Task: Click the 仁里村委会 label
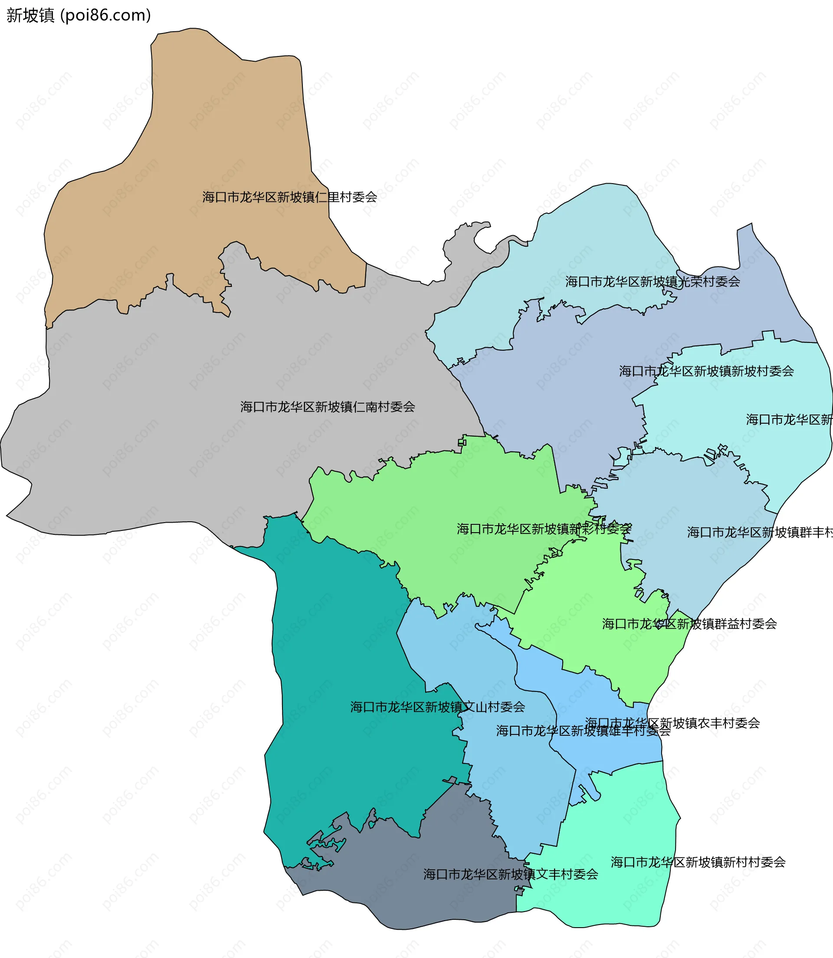(x=290, y=197)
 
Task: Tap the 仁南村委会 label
(x=328, y=407)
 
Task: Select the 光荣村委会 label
(x=653, y=281)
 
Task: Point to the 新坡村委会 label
(x=707, y=371)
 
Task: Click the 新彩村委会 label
(x=544, y=529)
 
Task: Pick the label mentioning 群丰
(x=760, y=532)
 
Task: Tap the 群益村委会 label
(x=689, y=624)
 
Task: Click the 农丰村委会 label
(x=672, y=723)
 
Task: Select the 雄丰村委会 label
(x=583, y=731)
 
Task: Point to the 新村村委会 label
(x=698, y=862)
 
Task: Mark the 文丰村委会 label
(x=510, y=874)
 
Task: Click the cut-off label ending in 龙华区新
(x=789, y=419)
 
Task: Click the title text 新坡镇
(x=31, y=15)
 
